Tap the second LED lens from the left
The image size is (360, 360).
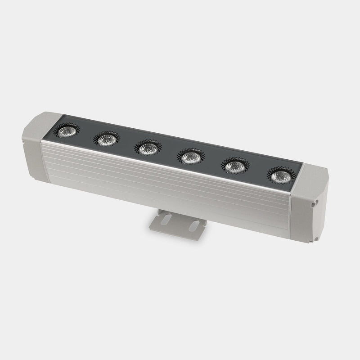click(106, 139)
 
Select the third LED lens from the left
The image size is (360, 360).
click(147, 148)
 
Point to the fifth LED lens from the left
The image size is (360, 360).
click(233, 166)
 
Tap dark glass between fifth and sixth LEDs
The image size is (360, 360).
click(256, 171)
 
